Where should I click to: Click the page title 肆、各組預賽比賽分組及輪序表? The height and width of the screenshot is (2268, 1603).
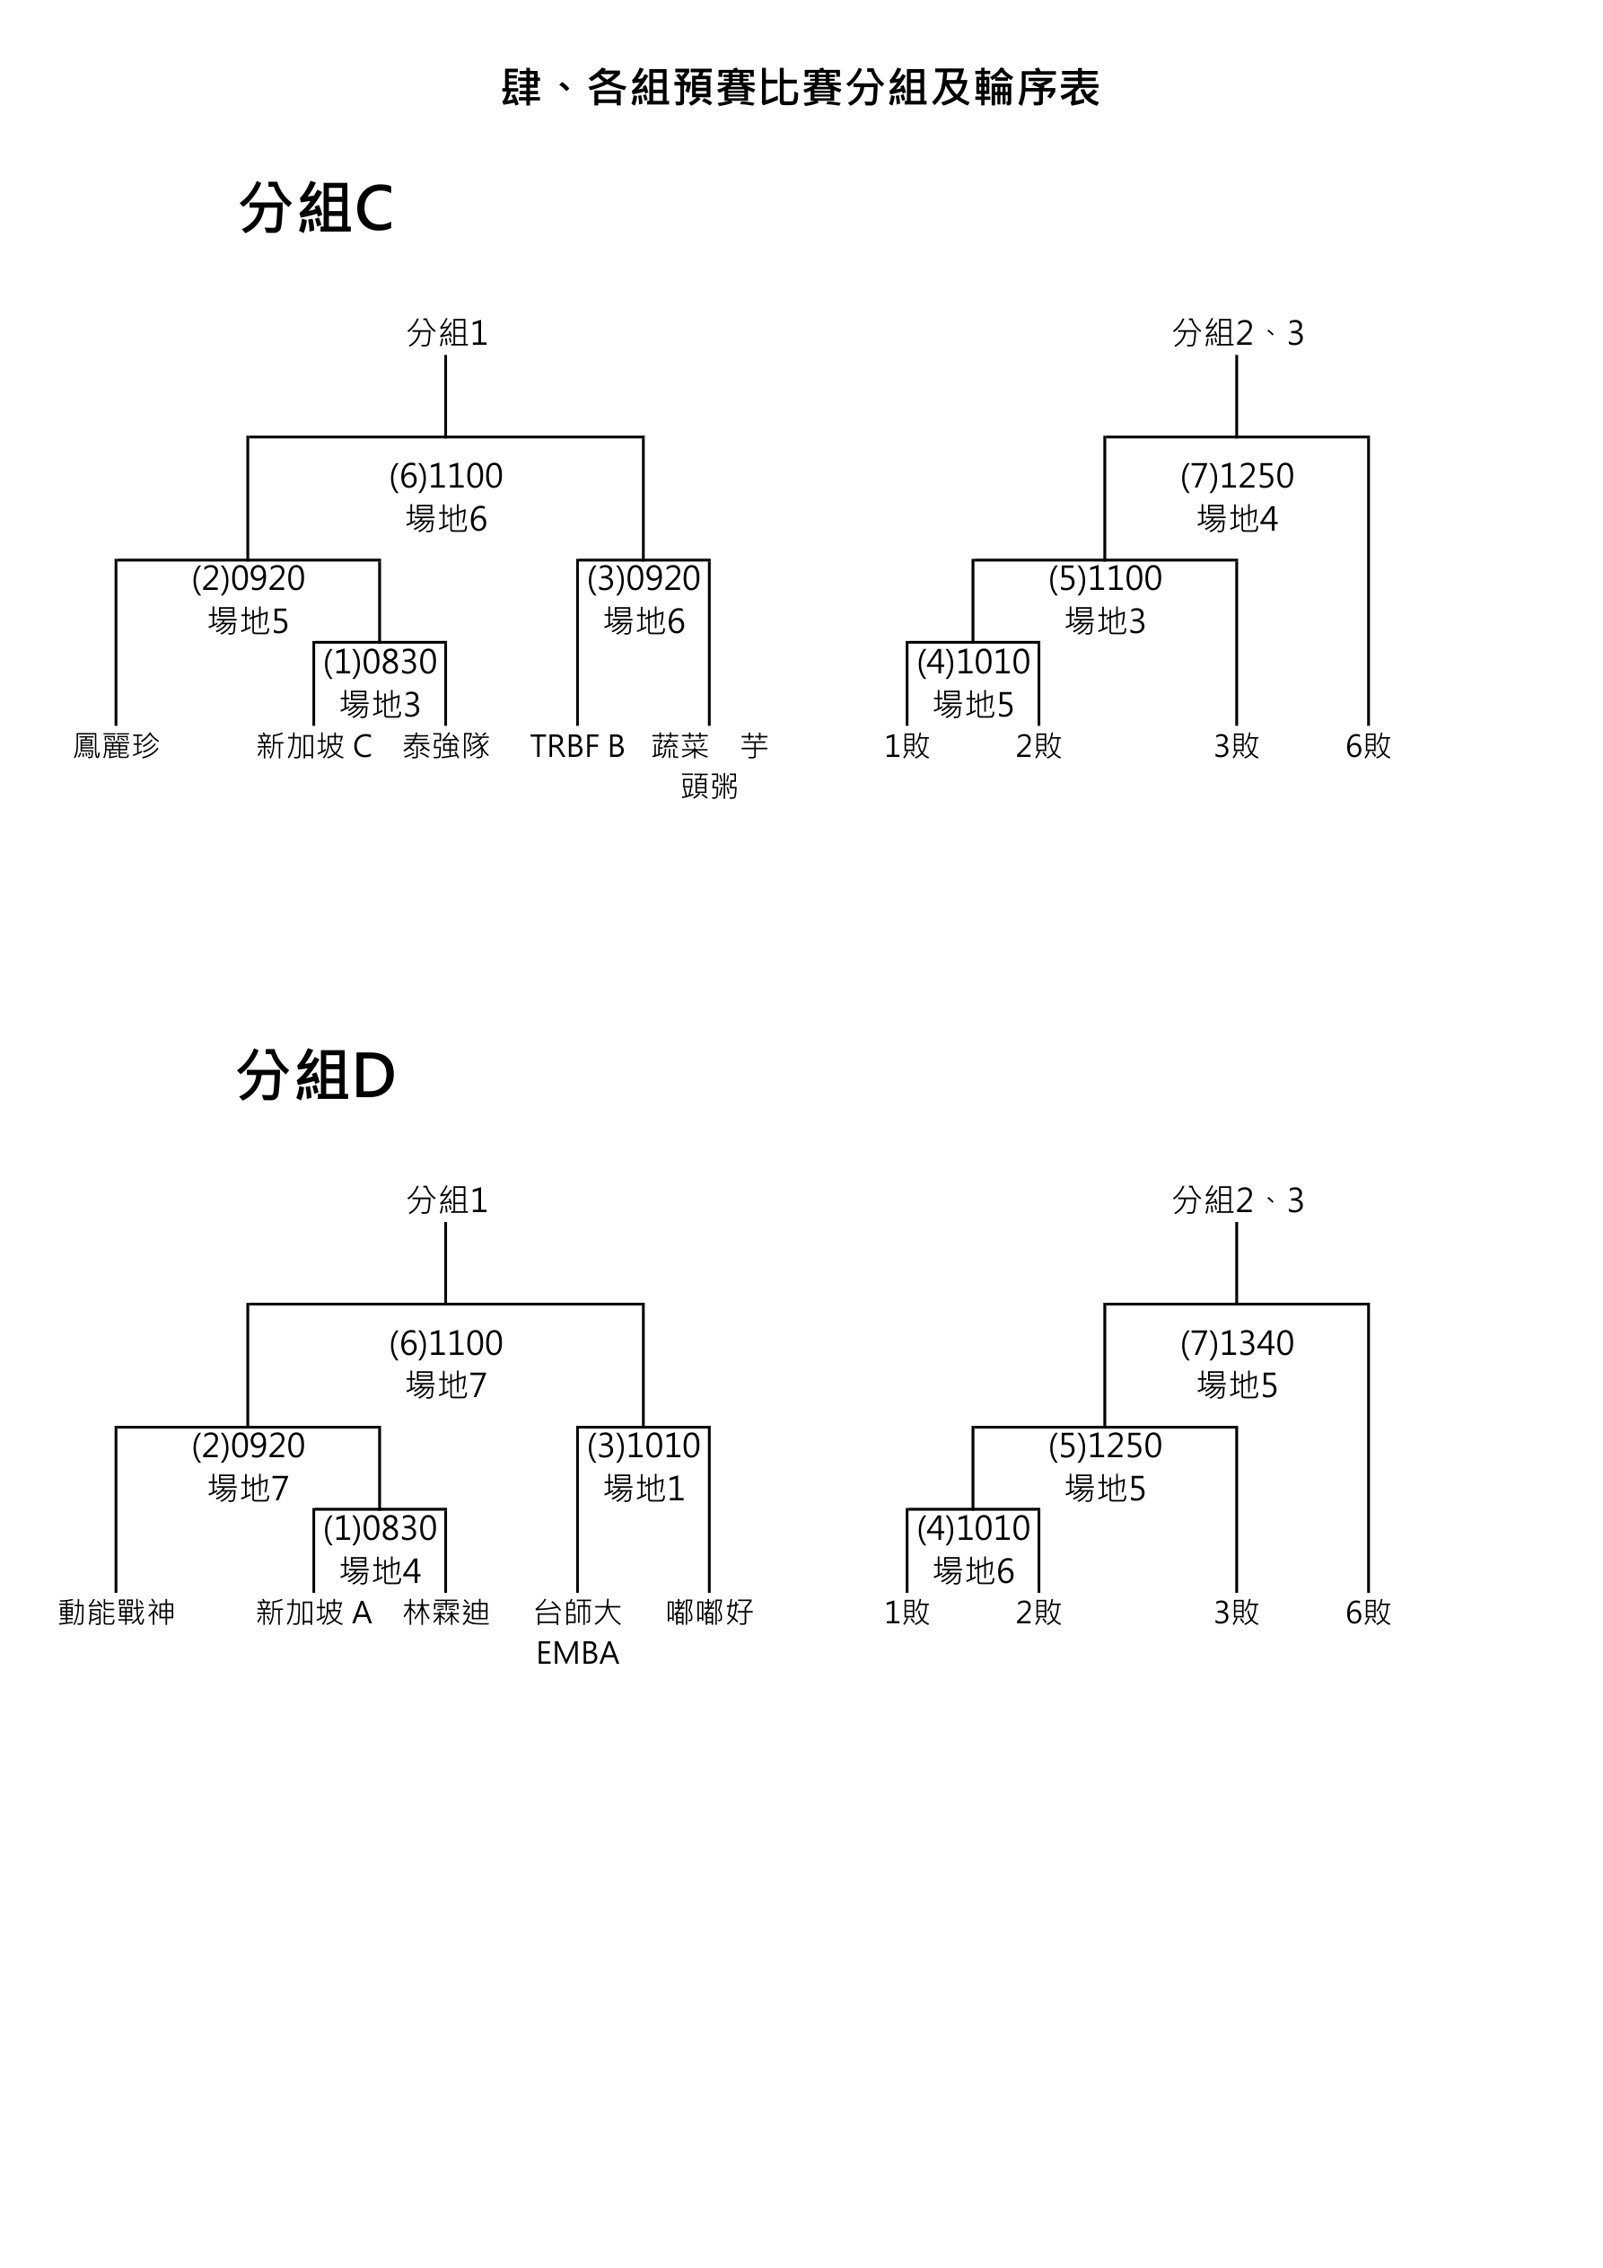pyautogui.click(x=800, y=88)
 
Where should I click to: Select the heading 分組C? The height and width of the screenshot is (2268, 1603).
pyautogui.click(x=316, y=208)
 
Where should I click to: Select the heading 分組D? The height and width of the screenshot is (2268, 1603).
pyautogui.click(x=316, y=1075)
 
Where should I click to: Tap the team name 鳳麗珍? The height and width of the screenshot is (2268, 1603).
pyautogui.click(x=117, y=746)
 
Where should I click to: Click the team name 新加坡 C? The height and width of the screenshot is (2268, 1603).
pyautogui.click(x=314, y=746)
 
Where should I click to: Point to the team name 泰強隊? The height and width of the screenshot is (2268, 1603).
pyautogui.click(x=446, y=746)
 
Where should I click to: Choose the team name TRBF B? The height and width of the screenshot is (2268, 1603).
pyautogui.click(x=577, y=746)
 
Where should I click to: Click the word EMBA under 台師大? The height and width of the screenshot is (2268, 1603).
pyautogui.click(x=577, y=1654)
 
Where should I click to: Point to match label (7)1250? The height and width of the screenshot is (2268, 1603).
pyautogui.click(x=1237, y=476)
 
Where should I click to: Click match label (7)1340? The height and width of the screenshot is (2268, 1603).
pyautogui.click(x=1237, y=1343)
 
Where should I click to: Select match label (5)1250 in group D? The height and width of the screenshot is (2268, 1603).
pyautogui.click(x=1104, y=1446)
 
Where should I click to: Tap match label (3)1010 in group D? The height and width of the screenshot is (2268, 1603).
pyautogui.click(x=643, y=1446)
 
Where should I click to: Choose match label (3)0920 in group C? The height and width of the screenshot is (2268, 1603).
pyautogui.click(x=643, y=579)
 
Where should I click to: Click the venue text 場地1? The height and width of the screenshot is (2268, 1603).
pyautogui.click(x=643, y=1488)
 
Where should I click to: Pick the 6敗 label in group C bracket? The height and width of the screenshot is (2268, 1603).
pyautogui.click(x=1368, y=746)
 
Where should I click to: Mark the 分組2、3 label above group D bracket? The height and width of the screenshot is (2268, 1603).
pyautogui.click(x=1238, y=1200)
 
